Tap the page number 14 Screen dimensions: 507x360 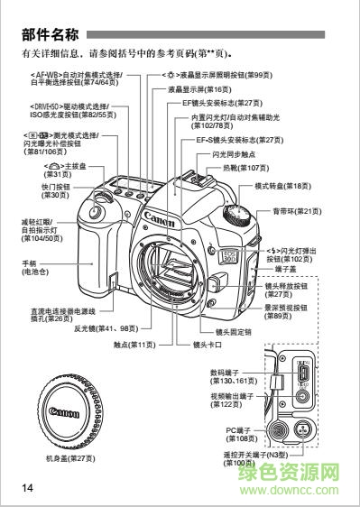(29, 487)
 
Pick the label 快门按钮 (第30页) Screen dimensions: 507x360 (56, 190)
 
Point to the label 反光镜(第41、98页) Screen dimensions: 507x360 (106, 329)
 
